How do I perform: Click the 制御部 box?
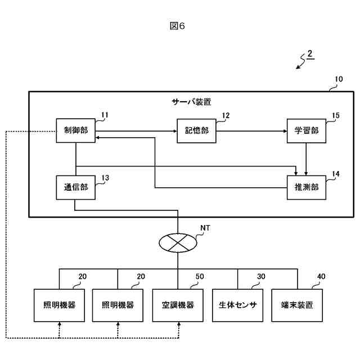point(76,130)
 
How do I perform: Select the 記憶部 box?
point(196,131)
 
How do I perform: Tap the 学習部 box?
point(307,131)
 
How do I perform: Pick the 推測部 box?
point(307,187)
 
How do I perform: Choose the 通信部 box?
point(76,187)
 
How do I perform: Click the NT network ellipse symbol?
point(178,243)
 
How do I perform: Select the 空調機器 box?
point(178,305)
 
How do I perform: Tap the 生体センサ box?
point(237,305)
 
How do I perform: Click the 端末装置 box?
point(297,305)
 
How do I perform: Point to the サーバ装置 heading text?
point(191,102)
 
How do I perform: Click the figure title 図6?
point(177,26)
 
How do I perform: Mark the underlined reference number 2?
point(310,54)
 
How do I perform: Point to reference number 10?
point(339,79)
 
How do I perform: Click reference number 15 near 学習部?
point(336,115)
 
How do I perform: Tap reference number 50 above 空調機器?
point(200,277)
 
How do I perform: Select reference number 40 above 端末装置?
point(321,277)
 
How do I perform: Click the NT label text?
point(205,228)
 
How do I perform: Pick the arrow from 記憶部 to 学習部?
point(251,131)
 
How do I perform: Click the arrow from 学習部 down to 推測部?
point(306,159)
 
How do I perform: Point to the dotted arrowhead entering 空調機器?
point(179,324)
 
